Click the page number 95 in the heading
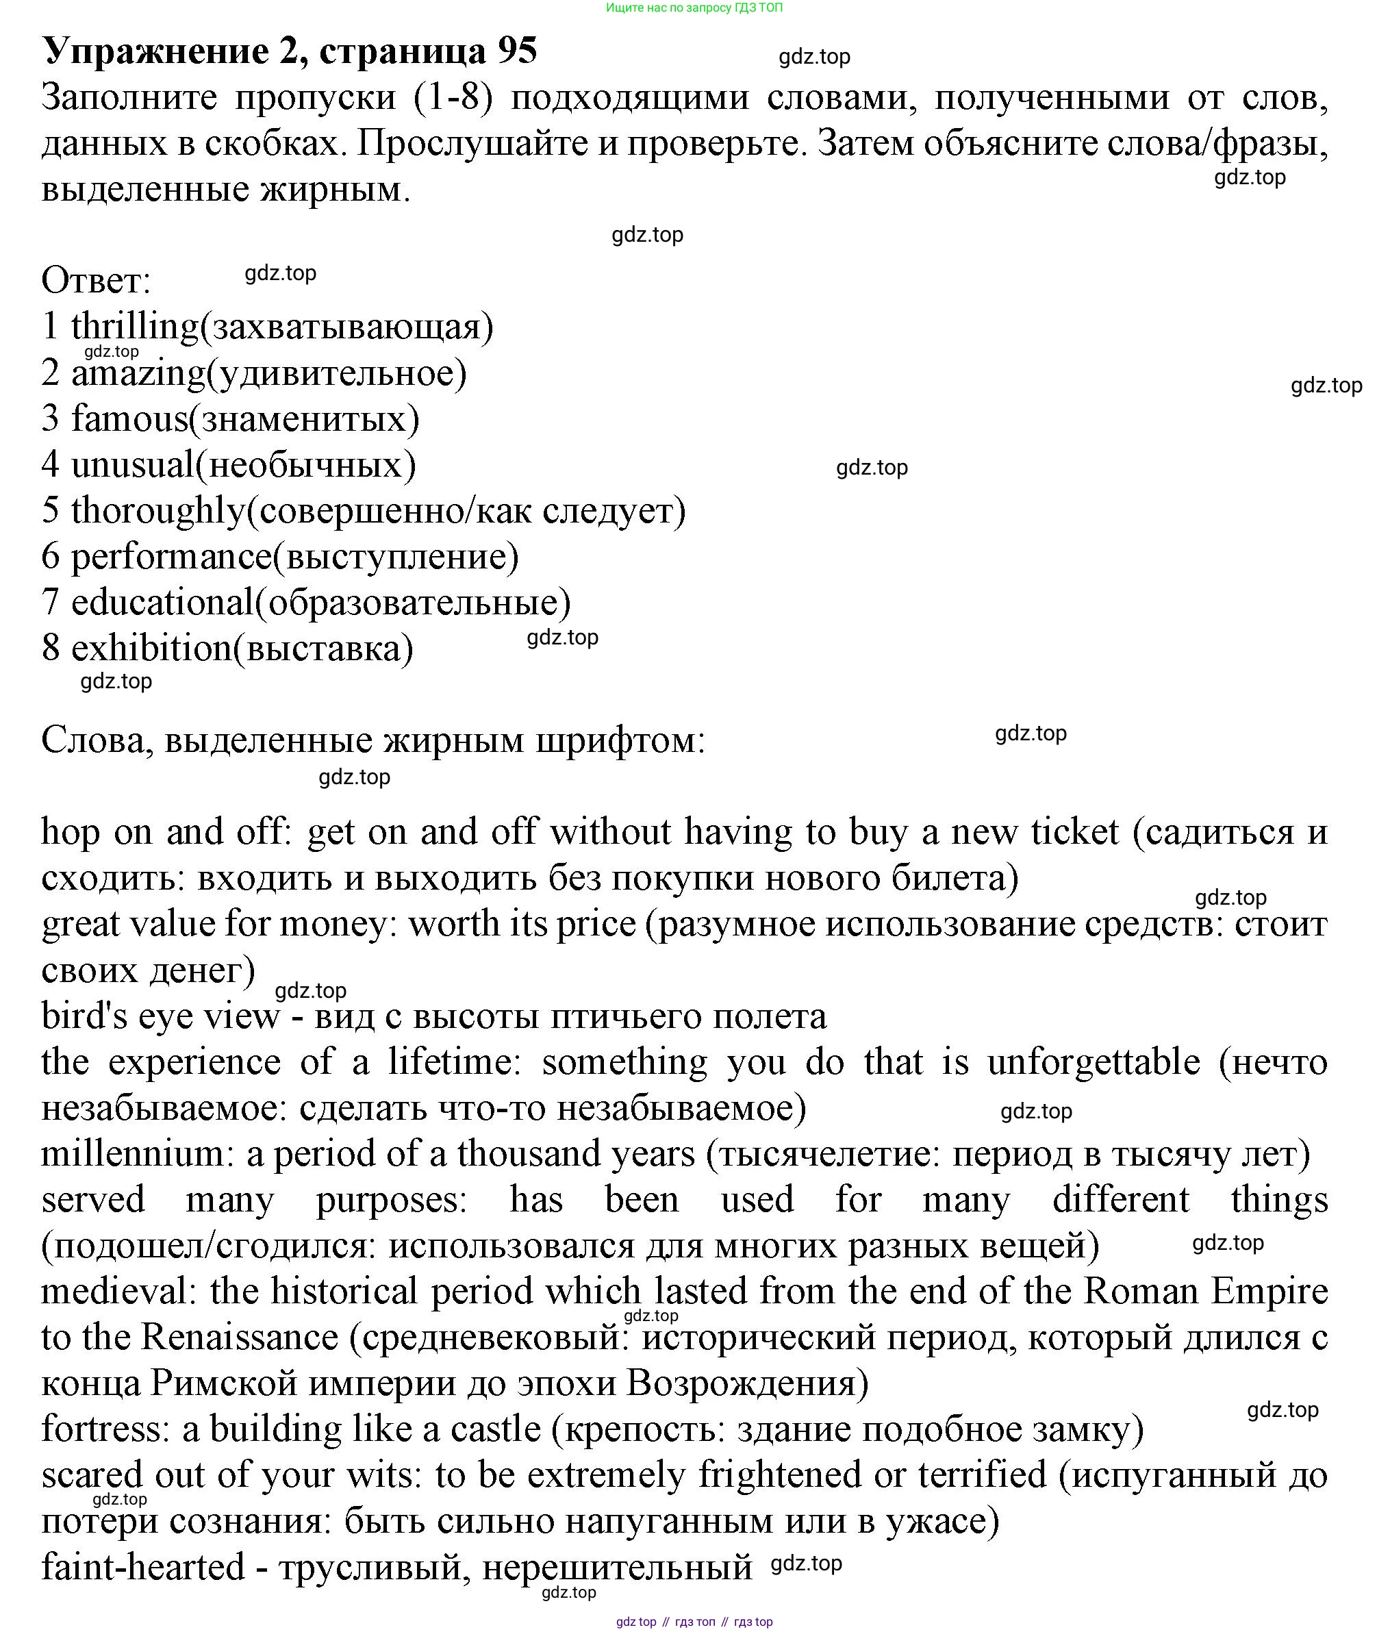click(x=516, y=51)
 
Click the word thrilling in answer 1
click(x=135, y=327)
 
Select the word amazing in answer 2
click(x=138, y=373)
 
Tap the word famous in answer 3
click(x=130, y=418)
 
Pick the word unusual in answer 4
click(x=132, y=465)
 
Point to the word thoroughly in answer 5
click(x=158, y=511)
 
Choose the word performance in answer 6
click(x=171, y=557)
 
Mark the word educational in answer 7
click(x=162, y=603)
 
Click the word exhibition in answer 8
click(x=151, y=649)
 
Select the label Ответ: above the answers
click(x=95, y=280)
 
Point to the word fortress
click(x=105, y=1429)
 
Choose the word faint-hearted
click(x=142, y=1568)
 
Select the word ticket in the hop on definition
click(x=1074, y=832)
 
